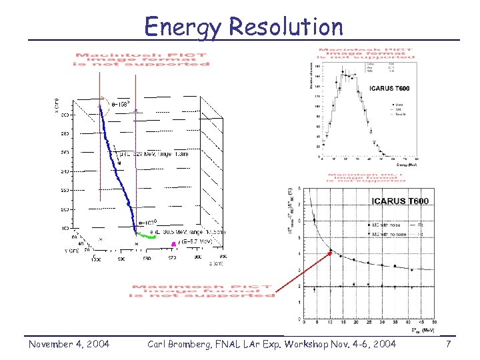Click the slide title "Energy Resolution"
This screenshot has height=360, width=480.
(243, 27)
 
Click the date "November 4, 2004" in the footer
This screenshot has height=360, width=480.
(69, 344)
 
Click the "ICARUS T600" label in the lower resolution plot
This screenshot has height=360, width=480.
(399, 201)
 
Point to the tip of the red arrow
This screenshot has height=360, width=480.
(331, 251)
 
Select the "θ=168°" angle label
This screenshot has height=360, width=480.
(120, 105)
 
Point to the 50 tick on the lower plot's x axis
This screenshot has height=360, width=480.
(434, 323)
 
